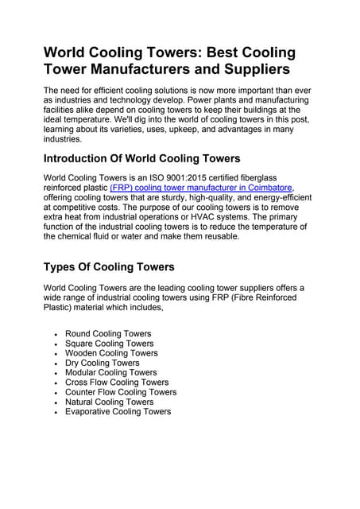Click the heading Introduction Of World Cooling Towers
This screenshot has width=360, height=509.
coord(141,157)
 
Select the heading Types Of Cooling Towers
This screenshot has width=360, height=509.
coord(108,266)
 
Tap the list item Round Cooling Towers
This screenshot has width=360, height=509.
coord(108,334)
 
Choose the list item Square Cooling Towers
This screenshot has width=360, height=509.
coord(110,344)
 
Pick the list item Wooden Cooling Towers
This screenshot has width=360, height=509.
coord(111,353)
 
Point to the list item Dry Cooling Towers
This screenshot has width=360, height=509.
coord(102,363)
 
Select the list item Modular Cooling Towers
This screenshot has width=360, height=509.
coord(111,372)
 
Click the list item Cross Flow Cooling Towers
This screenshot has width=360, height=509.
coord(117,383)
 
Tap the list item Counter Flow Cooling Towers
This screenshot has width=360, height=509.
coord(121,392)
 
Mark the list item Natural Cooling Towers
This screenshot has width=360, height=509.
coord(110,402)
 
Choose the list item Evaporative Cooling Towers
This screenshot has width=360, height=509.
coord(118,411)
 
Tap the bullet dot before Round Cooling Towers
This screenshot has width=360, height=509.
coord(55,335)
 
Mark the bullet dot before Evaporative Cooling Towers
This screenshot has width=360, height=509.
coord(55,412)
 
